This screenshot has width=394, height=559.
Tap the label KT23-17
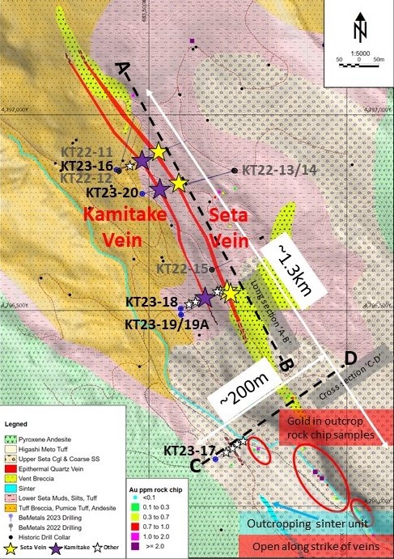pyautogui.click(x=189, y=451)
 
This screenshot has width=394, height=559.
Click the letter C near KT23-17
pyautogui.click(x=196, y=465)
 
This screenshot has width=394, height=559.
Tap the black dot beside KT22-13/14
pyautogui.click(x=235, y=171)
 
